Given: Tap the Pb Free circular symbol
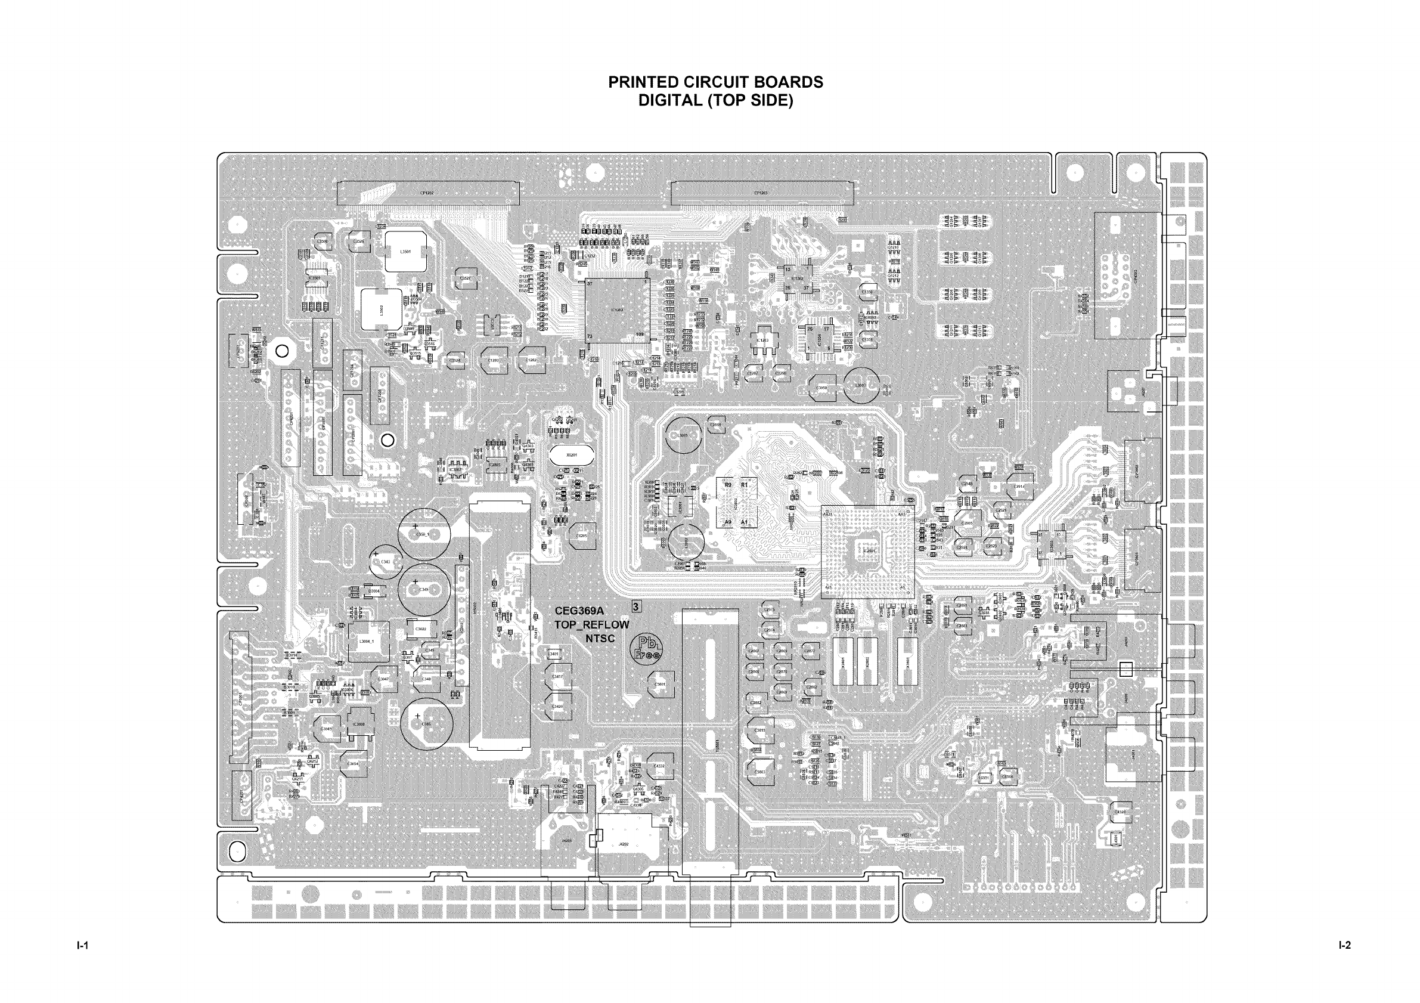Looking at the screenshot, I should (646, 647).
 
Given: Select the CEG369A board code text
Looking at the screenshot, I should (579, 611).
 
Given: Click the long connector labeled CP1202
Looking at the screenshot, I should (427, 193).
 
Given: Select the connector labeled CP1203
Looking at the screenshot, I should (761, 193).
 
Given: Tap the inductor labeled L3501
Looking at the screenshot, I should (406, 252).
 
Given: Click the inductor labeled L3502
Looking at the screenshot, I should (382, 309).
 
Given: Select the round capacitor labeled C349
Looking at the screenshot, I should (424, 589).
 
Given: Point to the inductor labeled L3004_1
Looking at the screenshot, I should (368, 641).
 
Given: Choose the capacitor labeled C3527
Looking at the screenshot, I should (465, 278).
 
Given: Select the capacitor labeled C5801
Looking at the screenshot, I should (661, 685).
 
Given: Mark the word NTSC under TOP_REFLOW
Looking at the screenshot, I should (600, 639).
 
